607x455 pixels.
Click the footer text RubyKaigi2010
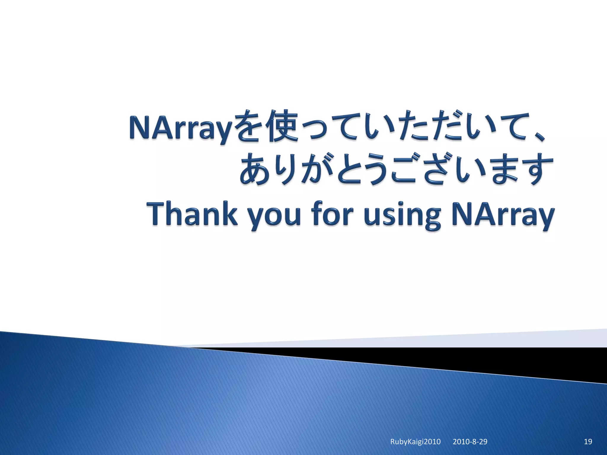(415, 442)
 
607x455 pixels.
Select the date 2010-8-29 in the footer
(470, 442)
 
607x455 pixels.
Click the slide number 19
(588, 442)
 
